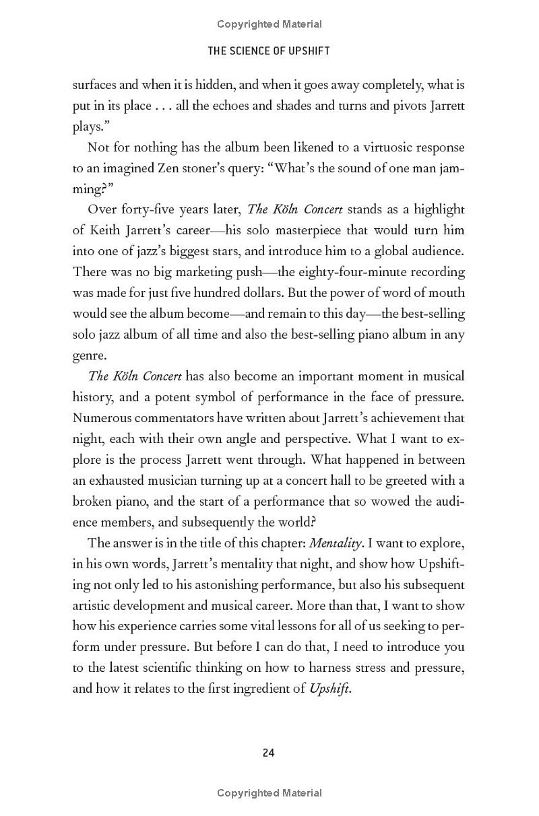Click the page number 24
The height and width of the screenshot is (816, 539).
point(269,753)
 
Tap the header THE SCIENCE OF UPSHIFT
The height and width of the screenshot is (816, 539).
point(269,50)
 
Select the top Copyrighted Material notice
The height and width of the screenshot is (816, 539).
point(269,24)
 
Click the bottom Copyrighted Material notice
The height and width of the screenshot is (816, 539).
point(269,793)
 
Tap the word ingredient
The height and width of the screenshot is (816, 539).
point(268,689)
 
